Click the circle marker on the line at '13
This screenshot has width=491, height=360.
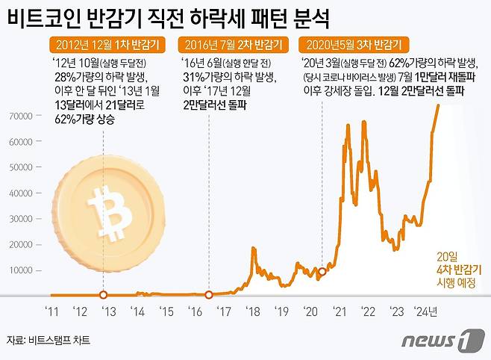tap(104, 294)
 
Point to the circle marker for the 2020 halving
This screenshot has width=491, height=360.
tap(322, 271)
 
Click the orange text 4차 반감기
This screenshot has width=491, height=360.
tap(457, 269)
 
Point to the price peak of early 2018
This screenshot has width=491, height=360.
tap(254, 249)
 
